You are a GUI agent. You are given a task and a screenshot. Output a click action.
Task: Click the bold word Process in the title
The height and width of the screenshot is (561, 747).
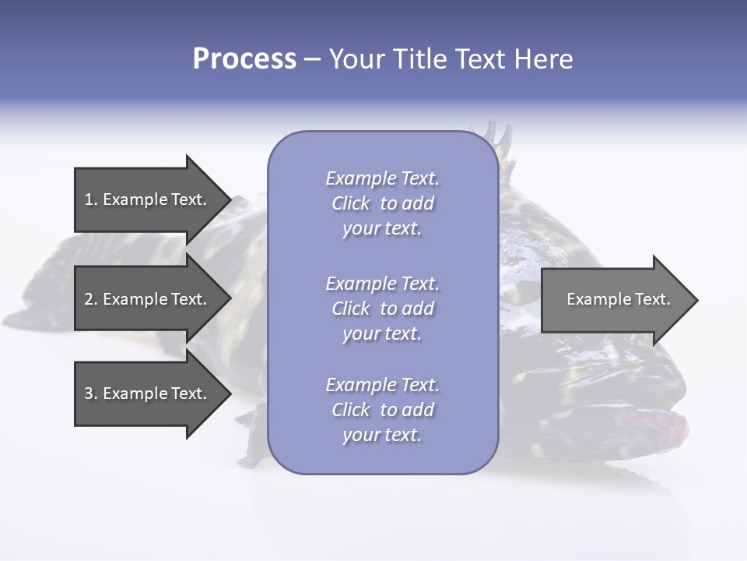(245, 59)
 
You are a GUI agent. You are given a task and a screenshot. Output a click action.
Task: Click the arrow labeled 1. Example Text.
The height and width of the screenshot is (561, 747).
(153, 199)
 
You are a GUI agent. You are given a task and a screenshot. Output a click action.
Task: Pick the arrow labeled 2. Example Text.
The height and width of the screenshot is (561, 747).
(153, 298)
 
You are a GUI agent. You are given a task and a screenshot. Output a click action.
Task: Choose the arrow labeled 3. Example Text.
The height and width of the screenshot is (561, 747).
(153, 393)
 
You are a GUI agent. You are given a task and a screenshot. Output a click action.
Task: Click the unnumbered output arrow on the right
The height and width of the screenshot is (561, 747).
(619, 300)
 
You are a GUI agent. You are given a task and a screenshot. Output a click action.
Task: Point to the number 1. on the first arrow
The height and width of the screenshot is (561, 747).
(91, 199)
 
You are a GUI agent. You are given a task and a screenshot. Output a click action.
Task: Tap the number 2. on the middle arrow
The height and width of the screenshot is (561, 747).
(91, 299)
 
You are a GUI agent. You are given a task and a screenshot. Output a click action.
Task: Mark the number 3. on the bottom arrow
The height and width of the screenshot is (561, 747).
(91, 393)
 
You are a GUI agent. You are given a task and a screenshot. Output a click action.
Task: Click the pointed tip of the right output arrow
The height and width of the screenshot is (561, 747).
(698, 300)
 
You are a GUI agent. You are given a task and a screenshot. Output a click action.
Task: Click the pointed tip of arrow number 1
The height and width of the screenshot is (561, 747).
(231, 199)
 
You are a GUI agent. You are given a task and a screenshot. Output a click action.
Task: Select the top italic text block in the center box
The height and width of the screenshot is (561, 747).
(383, 203)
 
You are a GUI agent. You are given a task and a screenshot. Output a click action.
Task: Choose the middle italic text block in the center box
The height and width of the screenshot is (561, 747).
(383, 309)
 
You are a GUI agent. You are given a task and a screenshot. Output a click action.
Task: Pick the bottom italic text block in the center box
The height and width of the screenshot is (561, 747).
(383, 410)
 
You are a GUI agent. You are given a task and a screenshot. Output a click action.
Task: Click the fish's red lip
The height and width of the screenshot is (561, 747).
(653, 425)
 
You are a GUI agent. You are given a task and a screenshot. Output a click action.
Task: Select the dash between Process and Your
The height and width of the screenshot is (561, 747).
(313, 61)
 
